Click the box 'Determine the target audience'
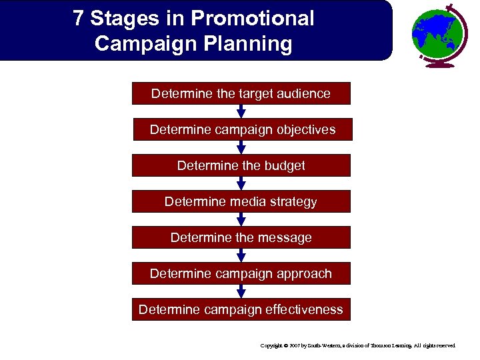[241, 94]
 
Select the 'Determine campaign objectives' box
[241, 130]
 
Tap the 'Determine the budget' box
[241, 165]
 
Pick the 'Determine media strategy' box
[241, 201]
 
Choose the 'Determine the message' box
[241, 237]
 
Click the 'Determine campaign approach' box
[241, 273]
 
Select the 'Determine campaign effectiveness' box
[241, 309]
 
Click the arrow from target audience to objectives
[241, 112]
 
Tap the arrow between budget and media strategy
[241, 183]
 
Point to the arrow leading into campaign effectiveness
[241, 291]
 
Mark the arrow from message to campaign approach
[241, 255]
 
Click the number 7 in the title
[79, 19]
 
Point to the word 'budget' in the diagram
[283, 165]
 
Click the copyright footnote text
[358, 345]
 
